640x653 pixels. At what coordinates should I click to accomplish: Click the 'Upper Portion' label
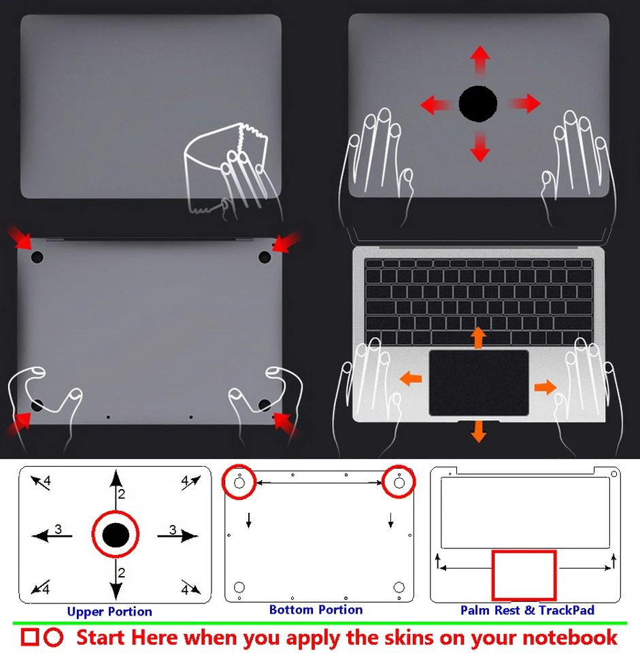110,612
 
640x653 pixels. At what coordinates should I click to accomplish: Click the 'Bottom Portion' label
316,609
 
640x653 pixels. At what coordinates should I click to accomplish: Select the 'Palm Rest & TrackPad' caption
527,610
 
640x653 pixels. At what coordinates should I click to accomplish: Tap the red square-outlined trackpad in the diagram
524,575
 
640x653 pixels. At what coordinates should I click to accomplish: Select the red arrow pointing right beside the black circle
524,104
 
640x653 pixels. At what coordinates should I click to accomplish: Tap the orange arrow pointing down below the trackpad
479,431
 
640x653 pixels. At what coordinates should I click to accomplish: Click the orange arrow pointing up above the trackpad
479,337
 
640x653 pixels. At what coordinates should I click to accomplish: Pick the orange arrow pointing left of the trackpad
410,378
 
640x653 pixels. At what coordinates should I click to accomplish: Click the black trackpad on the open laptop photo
479,382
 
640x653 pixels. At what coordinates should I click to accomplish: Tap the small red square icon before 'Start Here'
29,637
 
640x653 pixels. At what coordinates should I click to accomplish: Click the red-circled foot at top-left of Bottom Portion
239,482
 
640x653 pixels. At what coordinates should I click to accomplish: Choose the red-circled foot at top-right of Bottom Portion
399,482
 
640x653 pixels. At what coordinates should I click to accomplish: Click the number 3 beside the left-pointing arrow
58,529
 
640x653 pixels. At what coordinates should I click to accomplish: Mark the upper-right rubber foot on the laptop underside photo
265,256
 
